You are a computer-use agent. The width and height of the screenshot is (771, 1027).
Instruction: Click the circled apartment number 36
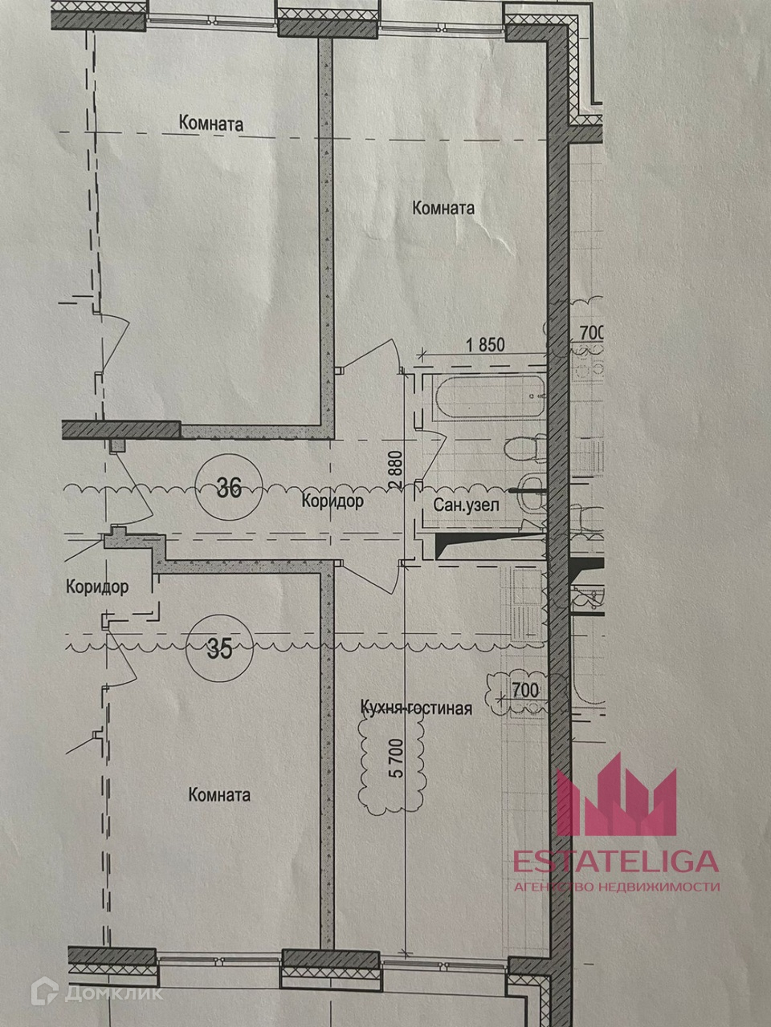[229, 488]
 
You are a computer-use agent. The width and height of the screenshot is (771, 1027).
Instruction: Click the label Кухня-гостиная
[416, 708]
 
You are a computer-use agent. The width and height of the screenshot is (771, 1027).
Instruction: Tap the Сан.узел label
[467, 505]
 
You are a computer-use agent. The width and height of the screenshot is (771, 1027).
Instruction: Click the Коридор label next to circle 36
[332, 501]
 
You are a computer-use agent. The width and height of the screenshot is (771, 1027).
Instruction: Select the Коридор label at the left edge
[97, 587]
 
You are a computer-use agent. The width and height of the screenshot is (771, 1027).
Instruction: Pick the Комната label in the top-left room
[211, 124]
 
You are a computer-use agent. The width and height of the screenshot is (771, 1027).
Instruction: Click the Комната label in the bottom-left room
[219, 795]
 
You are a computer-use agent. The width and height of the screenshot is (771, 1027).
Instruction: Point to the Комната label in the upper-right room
[443, 208]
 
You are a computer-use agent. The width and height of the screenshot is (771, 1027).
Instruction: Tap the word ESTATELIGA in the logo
[616, 861]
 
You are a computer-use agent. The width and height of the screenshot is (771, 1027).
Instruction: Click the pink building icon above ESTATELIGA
[617, 794]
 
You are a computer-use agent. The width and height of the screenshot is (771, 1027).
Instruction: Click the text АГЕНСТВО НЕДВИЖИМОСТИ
[616, 887]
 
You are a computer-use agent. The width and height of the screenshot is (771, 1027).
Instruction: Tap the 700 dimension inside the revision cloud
[524, 688]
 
